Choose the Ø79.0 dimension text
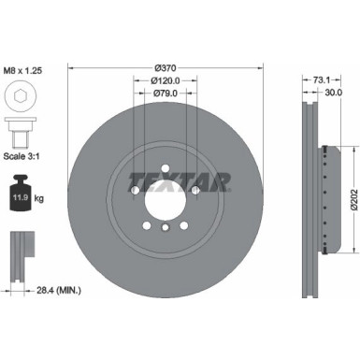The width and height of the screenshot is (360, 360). click(x=165, y=93)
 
